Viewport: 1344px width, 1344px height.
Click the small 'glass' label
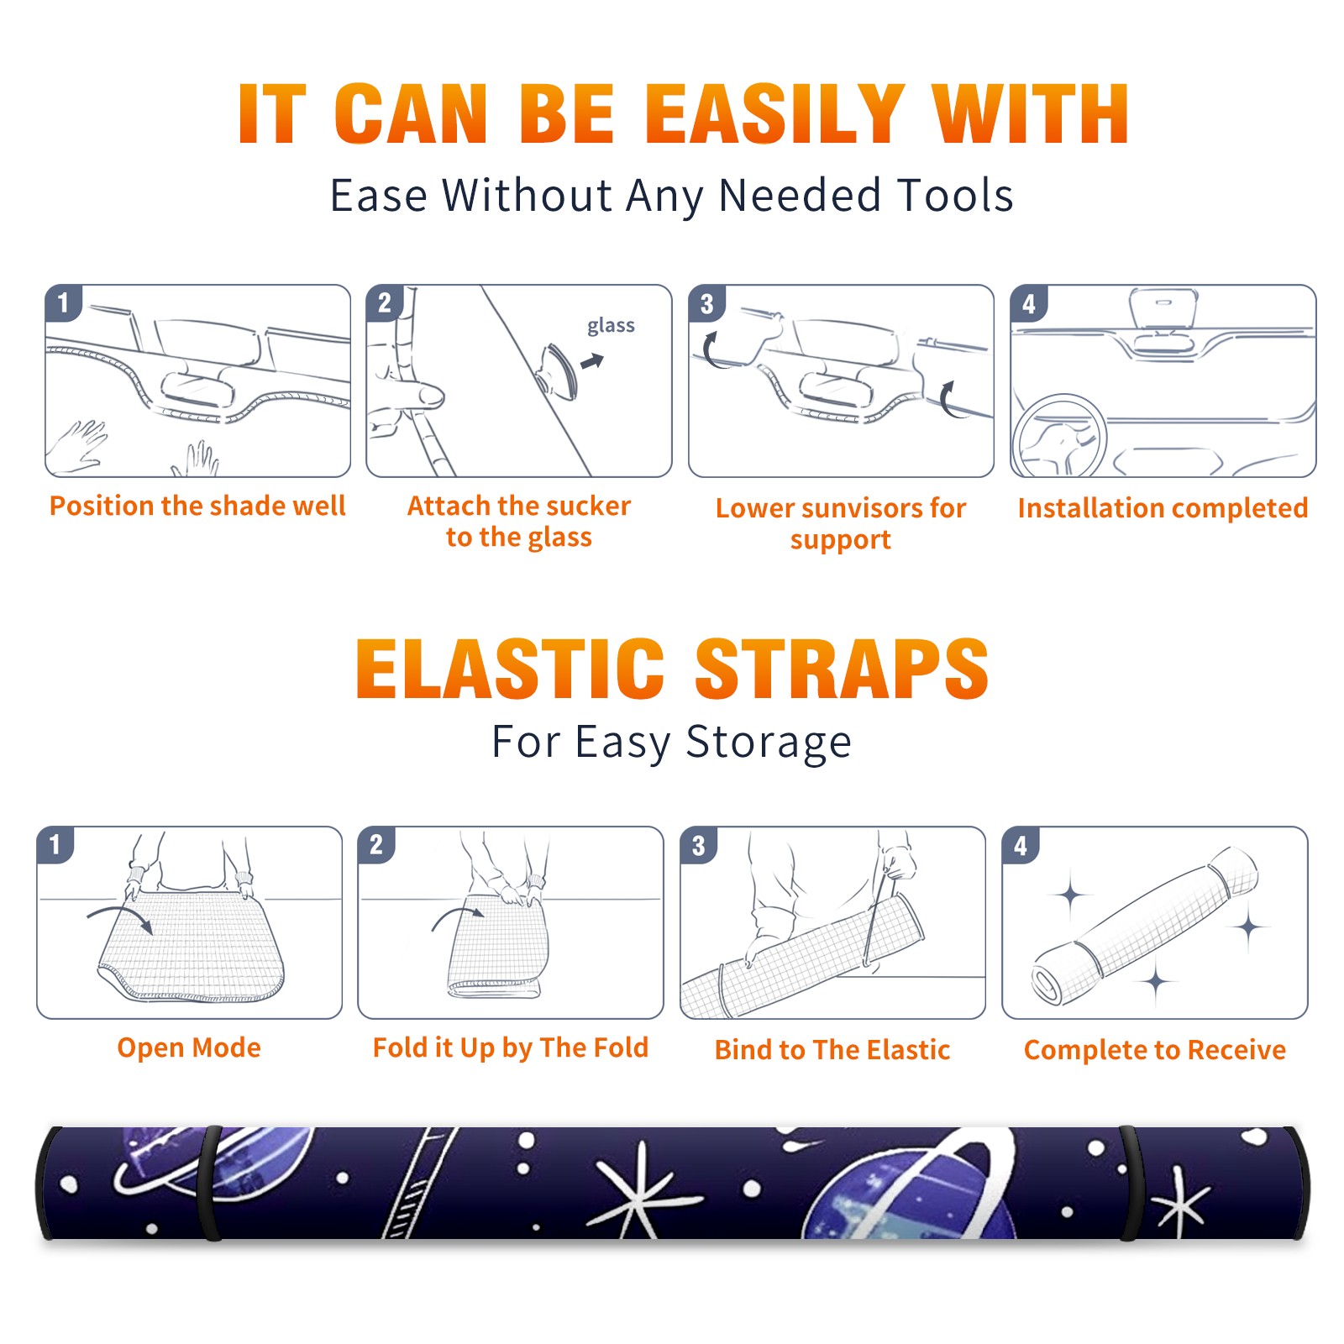point(611,325)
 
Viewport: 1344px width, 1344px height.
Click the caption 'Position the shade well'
point(197,506)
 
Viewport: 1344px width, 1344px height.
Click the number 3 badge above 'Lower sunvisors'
point(706,303)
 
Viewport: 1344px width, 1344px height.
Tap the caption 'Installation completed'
point(1163,508)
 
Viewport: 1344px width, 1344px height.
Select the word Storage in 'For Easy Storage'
point(769,743)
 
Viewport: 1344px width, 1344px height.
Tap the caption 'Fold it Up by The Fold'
point(511,1048)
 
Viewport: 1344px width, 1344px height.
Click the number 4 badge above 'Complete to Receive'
point(1020,845)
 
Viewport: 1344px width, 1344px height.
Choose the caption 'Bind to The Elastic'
point(832,1050)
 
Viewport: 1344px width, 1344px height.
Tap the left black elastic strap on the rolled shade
point(210,1183)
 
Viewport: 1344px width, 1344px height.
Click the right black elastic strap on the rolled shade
point(1131,1183)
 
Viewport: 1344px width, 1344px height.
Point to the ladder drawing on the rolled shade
point(417,1183)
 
